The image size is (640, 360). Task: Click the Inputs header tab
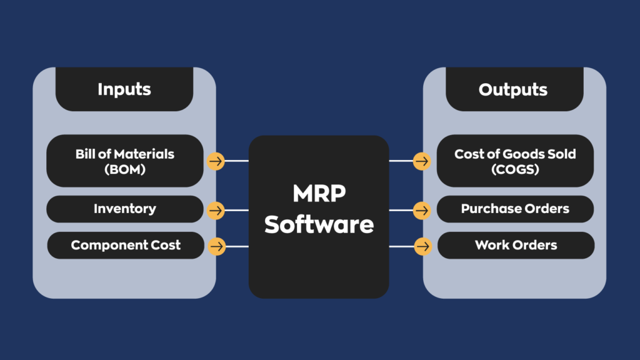click(x=124, y=89)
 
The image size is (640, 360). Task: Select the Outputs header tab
click(x=514, y=89)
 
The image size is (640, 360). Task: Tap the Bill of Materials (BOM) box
click(x=125, y=161)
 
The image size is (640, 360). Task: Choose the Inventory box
click(x=125, y=209)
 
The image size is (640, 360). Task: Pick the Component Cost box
click(x=126, y=245)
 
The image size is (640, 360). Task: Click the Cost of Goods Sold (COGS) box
click(x=515, y=161)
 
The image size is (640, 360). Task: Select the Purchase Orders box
click(x=515, y=209)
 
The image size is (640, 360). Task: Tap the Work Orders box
click(x=516, y=245)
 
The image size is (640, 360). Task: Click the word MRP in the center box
click(x=319, y=194)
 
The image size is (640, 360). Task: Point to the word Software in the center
click(x=319, y=224)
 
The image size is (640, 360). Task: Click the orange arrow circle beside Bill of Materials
click(x=216, y=161)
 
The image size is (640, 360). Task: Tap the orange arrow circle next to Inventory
click(x=216, y=210)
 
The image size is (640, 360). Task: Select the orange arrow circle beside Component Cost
click(x=217, y=246)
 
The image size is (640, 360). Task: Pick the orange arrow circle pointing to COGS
click(x=422, y=161)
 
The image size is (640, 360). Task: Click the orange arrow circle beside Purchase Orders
click(x=422, y=210)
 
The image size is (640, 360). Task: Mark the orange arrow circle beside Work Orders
click(x=423, y=246)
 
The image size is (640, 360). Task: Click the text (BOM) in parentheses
click(x=125, y=169)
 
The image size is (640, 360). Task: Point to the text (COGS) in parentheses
click(x=515, y=169)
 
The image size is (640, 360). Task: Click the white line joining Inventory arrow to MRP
click(x=237, y=210)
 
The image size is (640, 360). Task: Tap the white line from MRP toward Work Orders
click(x=402, y=246)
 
